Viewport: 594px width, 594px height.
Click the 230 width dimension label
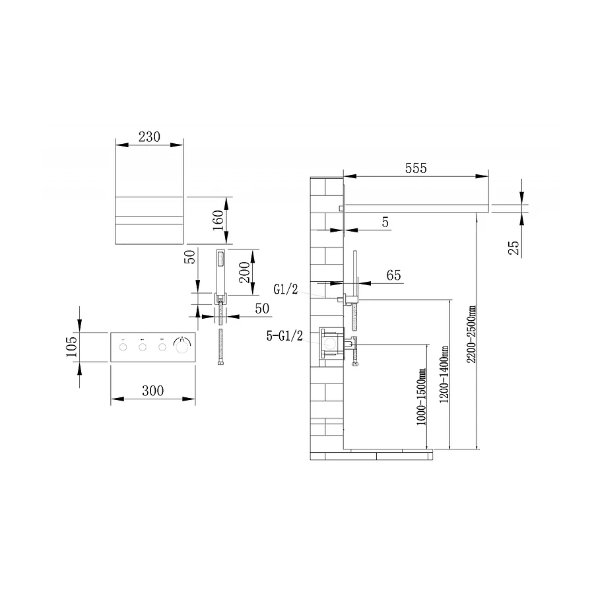pyautogui.click(x=149, y=137)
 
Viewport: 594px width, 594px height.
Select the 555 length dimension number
pyautogui.click(x=416, y=168)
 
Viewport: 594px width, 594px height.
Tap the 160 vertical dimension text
pyautogui.click(x=218, y=220)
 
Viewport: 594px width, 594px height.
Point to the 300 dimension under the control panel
pyautogui.click(x=153, y=391)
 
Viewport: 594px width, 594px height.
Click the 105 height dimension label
pyautogui.click(x=71, y=346)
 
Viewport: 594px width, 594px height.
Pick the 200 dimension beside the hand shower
pyautogui.click(x=244, y=272)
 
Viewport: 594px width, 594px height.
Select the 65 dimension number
pyautogui.click(x=393, y=275)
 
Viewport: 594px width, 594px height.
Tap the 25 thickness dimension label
pyautogui.click(x=513, y=247)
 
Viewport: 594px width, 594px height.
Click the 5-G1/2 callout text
pyautogui.click(x=284, y=336)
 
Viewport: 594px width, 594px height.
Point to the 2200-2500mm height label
pyautogui.click(x=471, y=335)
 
